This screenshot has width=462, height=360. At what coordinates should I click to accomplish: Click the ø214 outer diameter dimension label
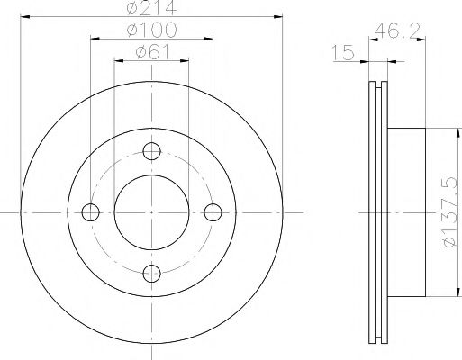point(151,10)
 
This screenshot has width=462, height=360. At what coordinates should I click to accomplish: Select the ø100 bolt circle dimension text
point(151,32)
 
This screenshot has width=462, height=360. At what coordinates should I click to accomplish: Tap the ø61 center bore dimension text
point(150,53)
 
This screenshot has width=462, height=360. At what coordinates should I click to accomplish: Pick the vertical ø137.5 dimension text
point(449,213)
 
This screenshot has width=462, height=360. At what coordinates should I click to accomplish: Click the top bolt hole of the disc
point(151,150)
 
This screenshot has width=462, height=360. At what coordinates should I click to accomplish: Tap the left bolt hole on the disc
point(89,212)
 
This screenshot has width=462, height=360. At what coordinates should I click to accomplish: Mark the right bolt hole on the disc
point(213,212)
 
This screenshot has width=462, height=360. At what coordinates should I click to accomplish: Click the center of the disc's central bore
point(151,212)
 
